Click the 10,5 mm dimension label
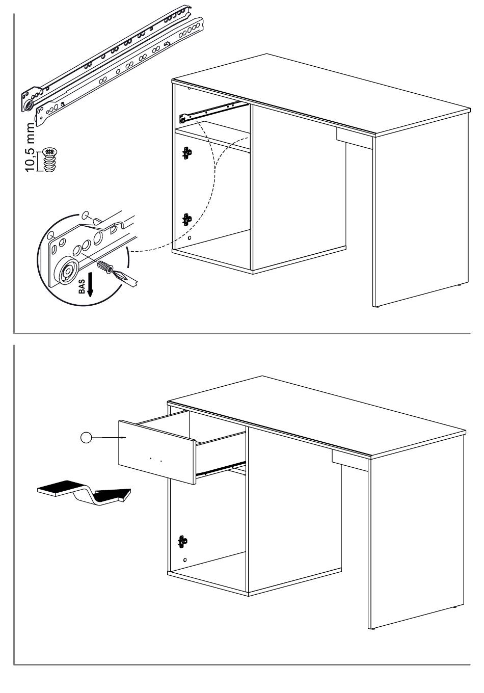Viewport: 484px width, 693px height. tap(30, 147)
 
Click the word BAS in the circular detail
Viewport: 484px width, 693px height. tap(82, 287)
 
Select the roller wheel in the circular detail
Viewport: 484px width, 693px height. tap(67, 271)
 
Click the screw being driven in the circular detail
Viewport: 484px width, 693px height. tap(105, 266)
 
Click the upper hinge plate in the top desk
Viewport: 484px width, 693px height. tap(187, 153)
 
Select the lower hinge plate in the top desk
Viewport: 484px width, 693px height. tap(187, 219)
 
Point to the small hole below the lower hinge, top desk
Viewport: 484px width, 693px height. tap(190, 238)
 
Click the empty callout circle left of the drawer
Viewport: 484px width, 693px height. tap(86, 438)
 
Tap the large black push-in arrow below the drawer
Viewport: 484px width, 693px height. tap(84, 493)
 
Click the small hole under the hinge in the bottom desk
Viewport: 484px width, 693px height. tap(185, 560)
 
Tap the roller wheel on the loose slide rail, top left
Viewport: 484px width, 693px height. tap(29, 105)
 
